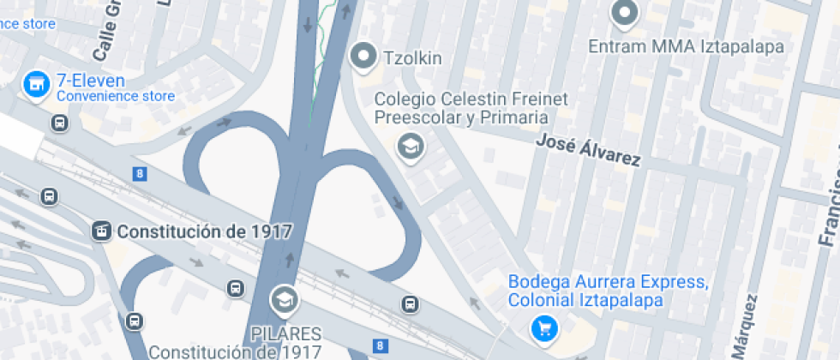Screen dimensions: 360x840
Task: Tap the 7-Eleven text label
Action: point(91,81)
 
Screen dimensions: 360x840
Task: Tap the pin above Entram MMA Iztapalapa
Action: point(625,13)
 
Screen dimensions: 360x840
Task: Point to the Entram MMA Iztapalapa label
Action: point(686,45)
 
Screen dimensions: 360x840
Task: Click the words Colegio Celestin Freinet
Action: point(471,99)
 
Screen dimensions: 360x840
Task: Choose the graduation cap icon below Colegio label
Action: point(411,147)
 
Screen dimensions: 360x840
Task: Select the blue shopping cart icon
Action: point(543,327)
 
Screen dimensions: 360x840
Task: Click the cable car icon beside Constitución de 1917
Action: point(102,231)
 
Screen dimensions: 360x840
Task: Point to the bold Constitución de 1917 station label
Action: point(205,231)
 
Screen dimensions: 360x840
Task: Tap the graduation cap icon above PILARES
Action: point(282,299)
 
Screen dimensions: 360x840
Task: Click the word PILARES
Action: point(285,333)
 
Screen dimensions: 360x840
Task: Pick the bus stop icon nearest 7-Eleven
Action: point(60,123)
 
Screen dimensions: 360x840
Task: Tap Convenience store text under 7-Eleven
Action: point(116,97)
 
